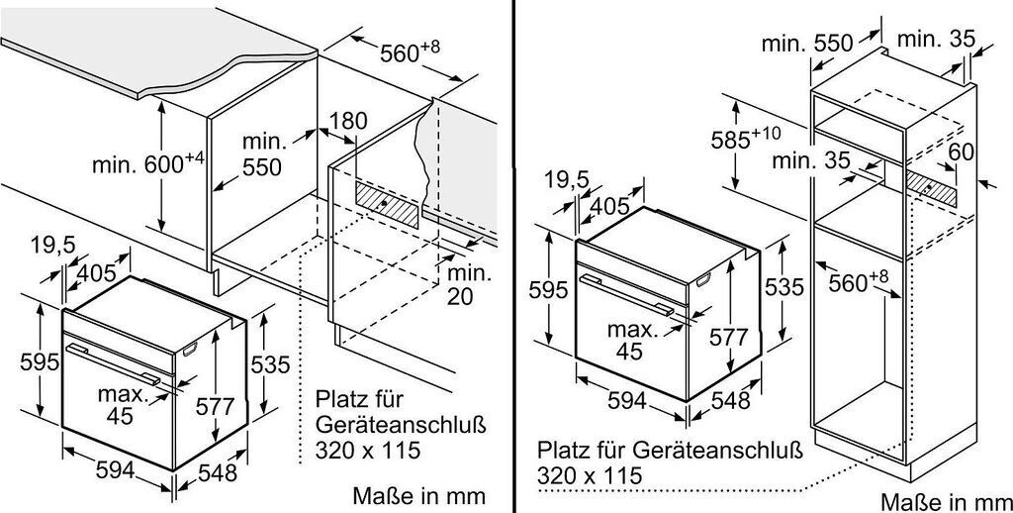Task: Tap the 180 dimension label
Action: coord(347,122)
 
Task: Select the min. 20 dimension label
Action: coord(458,284)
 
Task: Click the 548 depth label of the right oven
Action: coord(730,401)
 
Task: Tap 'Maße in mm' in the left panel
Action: coord(423,494)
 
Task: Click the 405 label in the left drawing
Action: coord(96,272)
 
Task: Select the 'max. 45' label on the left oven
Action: coord(120,405)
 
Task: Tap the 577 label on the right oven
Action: coord(730,338)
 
